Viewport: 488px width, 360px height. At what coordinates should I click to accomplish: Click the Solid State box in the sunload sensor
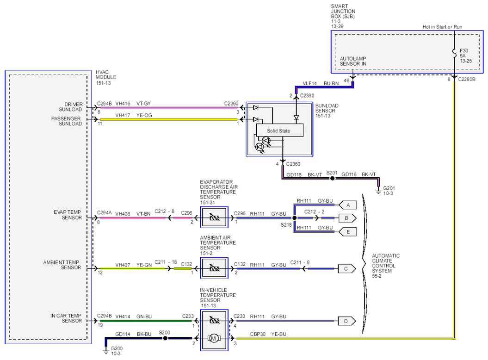(x=279, y=130)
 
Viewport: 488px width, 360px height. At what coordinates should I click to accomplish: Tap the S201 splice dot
(x=333, y=179)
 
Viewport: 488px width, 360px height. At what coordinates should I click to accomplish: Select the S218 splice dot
(x=294, y=218)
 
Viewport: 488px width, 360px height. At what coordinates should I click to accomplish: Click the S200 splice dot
(x=165, y=338)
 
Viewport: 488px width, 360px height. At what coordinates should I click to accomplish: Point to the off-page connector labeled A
(x=347, y=205)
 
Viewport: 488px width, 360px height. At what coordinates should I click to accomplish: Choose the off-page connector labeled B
(x=347, y=218)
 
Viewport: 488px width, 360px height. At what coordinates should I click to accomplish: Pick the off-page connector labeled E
(x=347, y=232)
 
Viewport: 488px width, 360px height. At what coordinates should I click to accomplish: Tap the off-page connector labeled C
(x=347, y=268)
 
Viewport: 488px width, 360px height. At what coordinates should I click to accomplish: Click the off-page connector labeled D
(x=347, y=321)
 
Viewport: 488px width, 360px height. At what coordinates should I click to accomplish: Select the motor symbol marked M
(x=214, y=339)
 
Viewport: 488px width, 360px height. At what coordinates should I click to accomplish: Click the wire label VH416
(x=123, y=103)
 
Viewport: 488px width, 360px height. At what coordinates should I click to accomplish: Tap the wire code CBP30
(x=258, y=334)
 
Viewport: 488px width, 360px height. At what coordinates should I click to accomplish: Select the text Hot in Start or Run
(x=442, y=27)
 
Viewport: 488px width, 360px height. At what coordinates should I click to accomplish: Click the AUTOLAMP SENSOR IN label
(x=353, y=61)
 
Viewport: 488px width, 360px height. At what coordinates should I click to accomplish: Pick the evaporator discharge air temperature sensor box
(x=214, y=217)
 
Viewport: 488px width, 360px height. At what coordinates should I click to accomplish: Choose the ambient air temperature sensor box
(x=214, y=268)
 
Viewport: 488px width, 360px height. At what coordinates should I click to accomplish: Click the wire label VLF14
(x=309, y=83)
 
